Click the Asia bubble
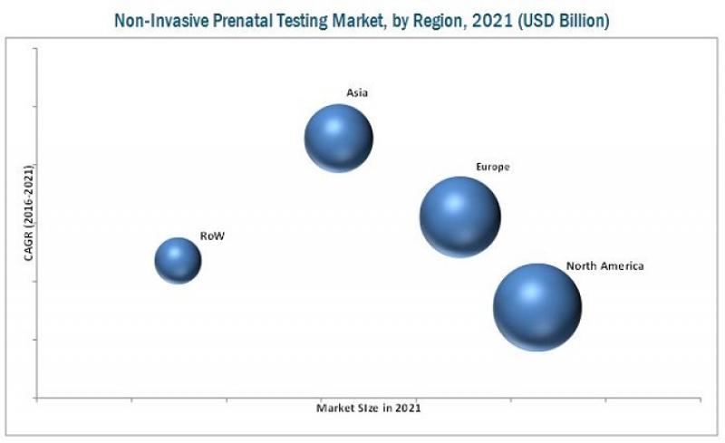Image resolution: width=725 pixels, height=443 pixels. (338, 138)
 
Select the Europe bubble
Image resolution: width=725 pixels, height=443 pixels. (459, 216)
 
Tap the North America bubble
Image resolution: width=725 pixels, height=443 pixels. (537, 306)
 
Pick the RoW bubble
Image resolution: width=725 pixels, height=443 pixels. (178, 260)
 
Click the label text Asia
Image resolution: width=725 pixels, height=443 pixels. (356, 92)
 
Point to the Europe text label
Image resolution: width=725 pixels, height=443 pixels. (493, 167)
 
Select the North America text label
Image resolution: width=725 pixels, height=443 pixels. (604, 266)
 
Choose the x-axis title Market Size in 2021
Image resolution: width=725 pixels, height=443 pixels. (368, 409)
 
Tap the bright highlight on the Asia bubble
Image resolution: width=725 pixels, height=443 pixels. (332, 125)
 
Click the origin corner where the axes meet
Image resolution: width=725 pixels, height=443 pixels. (36, 398)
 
